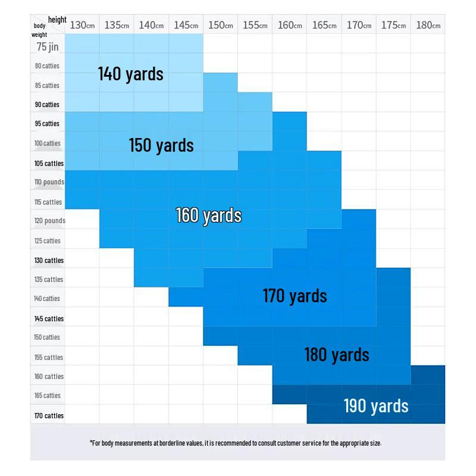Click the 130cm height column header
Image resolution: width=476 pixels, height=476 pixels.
pos(82,25)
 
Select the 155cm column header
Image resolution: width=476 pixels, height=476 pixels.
pos(255,25)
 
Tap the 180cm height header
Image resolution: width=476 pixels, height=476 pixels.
pos(428,25)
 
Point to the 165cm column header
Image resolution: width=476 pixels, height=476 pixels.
pos(324,25)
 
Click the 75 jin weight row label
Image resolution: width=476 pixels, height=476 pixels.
pos(48,46)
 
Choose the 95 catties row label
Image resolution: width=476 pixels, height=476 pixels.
pos(48,124)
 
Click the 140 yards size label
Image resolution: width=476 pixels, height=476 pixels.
pos(130,74)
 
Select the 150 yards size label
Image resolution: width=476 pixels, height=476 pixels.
pos(161,145)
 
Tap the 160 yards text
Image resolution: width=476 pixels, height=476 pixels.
pos(208,215)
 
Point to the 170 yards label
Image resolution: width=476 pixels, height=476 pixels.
pos(295,296)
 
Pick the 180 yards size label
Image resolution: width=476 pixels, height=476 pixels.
pos(337,355)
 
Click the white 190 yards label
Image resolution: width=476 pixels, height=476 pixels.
pos(376,406)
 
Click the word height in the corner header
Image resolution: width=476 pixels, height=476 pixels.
pos(57,20)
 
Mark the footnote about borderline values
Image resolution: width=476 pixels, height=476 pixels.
pos(236,443)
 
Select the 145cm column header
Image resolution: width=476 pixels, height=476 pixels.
pos(186,25)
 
